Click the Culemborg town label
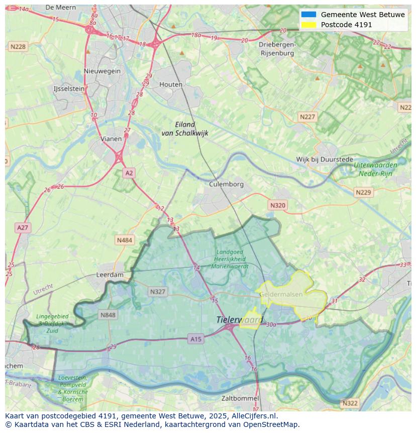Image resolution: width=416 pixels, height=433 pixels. (x=226, y=184)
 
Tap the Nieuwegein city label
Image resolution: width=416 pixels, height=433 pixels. (x=102, y=71)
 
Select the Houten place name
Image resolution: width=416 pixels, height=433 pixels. (x=171, y=84)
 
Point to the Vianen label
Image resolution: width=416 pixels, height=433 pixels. (x=111, y=139)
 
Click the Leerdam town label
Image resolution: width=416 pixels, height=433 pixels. (x=110, y=275)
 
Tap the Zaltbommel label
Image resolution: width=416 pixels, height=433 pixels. (x=240, y=398)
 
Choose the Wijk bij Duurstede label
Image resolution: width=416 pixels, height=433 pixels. (x=325, y=159)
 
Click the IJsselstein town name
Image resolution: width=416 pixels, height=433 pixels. (x=69, y=89)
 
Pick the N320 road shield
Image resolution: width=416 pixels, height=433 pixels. (x=277, y=205)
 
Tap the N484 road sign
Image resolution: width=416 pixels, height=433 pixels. (x=124, y=240)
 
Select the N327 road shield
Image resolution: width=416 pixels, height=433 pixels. (x=157, y=292)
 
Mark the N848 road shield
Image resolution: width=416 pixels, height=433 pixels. (x=108, y=315)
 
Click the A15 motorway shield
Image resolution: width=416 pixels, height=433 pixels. (x=196, y=339)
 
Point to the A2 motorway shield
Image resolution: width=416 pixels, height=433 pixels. (x=129, y=173)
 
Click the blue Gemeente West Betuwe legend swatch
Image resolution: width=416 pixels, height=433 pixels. (x=308, y=15)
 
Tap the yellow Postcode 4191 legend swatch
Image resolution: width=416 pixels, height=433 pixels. (x=308, y=25)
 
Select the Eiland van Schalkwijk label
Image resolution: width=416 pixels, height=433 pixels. (x=184, y=129)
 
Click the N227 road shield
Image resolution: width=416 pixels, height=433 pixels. (x=307, y=117)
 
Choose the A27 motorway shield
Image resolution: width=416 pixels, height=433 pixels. (x=23, y=228)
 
